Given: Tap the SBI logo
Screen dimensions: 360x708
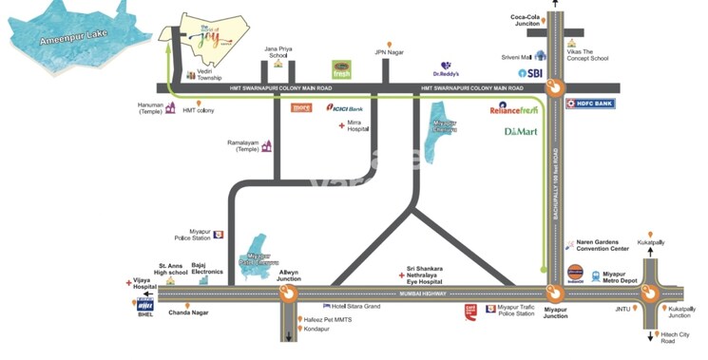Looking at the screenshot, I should (529, 72).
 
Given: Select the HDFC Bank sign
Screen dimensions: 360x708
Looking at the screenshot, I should (590, 104).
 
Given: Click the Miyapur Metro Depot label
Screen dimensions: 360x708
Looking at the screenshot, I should (622, 277).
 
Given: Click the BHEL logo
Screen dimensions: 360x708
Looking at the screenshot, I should (144, 306).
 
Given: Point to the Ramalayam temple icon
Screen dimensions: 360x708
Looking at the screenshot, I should (268, 146).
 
